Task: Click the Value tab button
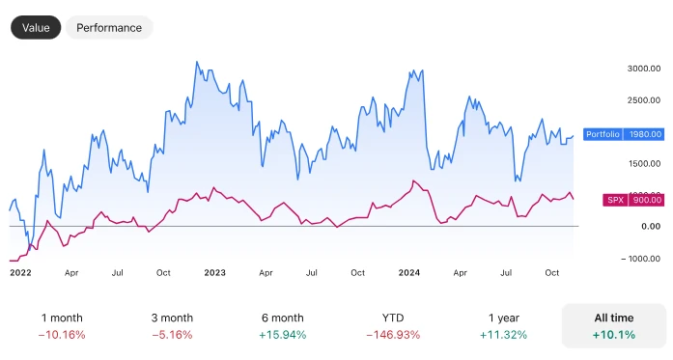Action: tap(36, 28)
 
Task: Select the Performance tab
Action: tap(109, 28)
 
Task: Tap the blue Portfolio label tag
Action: tap(603, 134)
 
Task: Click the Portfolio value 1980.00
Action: tap(644, 134)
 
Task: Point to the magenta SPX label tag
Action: tap(615, 200)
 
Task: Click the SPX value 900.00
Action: tap(646, 200)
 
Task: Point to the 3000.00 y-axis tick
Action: tap(642, 69)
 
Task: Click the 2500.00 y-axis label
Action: tap(642, 100)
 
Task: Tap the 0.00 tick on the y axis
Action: tap(651, 226)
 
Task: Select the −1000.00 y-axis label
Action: tap(642, 258)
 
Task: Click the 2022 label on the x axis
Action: tap(20, 273)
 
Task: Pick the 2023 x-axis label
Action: tap(214, 273)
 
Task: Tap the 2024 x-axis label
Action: tap(410, 273)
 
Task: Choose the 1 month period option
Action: tap(62, 318)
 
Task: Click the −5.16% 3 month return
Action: tap(172, 335)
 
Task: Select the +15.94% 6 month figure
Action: tap(282, 335)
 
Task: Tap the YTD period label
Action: tap(392, 318)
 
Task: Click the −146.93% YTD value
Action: tap(392, 335)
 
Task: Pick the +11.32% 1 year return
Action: tap(502, 335)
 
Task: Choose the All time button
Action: tap(613, 326)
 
